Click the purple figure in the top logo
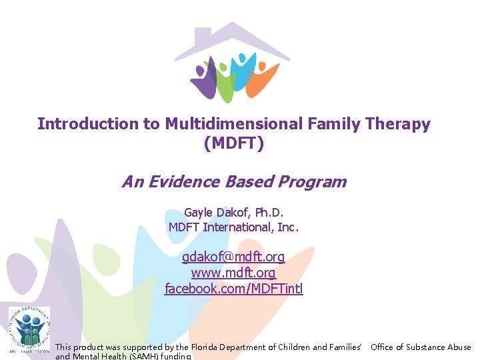(207, 80)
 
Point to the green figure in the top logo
(226, 83)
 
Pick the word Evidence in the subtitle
(193, 182)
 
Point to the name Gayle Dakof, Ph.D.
(233, 213)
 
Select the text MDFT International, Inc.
(233, 227)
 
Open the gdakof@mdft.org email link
(233, 257)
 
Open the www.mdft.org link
(233, 273)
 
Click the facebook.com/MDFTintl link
(233, 289)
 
